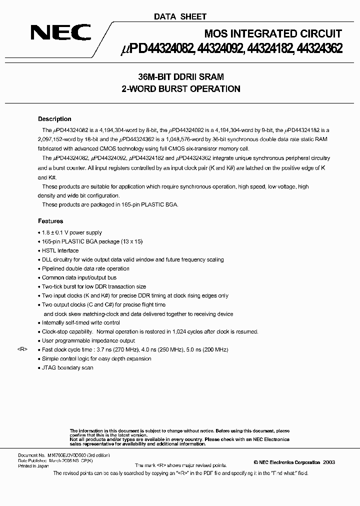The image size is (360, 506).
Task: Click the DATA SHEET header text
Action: coord(179,16)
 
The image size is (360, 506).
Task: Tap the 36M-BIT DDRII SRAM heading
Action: coord(180,77)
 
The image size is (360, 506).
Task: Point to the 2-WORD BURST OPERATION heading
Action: coord(180,89)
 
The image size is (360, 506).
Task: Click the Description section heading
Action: coord(54,119)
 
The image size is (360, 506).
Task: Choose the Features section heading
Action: coord(50,221)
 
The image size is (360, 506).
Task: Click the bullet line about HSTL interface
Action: coord(60,250)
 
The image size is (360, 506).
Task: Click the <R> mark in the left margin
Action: coord(22,349)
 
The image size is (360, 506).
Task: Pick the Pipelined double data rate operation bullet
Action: coord(85,268)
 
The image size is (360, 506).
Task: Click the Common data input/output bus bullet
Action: coord(79,277)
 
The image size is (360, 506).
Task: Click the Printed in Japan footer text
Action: coord(33,465)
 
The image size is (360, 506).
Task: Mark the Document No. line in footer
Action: coord(63,455)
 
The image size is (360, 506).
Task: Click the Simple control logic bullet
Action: coord(96,358)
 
